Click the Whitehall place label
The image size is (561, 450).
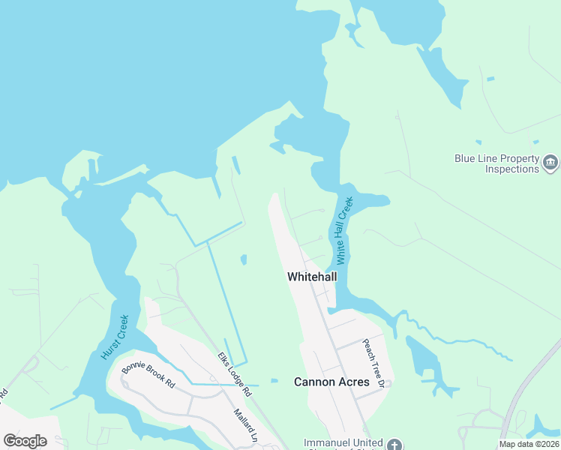[x=312, y=277]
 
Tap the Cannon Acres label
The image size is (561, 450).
[x=331, y=382]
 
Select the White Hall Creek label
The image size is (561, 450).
[x=343, y=231]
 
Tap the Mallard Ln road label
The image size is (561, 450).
[x=245, y=425]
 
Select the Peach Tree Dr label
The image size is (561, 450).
[x=373, y=363]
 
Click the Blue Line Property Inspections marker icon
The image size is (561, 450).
[x=550, y=163]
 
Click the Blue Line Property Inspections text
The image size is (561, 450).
[x=496, y=163]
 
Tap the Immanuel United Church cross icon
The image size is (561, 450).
[x=396, y=444]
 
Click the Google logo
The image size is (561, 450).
[x=25, y=441]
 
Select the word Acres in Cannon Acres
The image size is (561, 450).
[x=352, y=382]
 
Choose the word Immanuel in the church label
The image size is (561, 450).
[x=327, y=442]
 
